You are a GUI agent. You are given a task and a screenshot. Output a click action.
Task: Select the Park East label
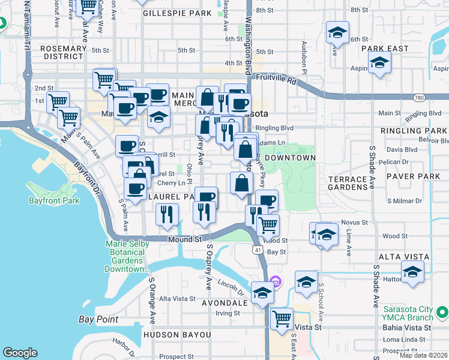[389, 49]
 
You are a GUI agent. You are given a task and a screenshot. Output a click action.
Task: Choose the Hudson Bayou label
[176, 334]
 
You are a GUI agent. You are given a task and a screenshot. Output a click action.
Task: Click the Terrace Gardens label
[348, 184]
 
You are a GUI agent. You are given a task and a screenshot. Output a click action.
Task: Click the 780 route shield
[419, 97]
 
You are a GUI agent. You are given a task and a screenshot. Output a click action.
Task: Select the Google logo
[20, 353]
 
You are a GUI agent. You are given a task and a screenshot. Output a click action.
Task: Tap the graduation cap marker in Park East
[379, 62]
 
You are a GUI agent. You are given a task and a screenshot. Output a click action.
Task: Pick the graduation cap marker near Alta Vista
[412, 271]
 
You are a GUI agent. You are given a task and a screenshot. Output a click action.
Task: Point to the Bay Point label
[98, 319]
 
